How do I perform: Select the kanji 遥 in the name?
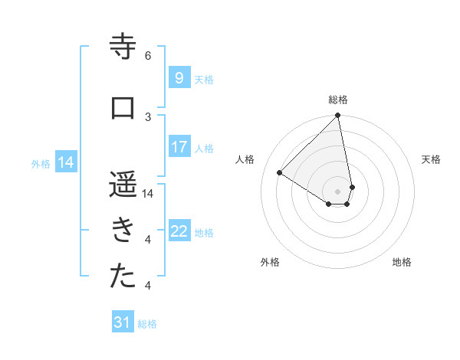pyautogui.click(x=123, y=185)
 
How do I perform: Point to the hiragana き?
pyautogui.click(x=123, y=231)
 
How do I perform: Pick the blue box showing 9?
pyautogui.click(x=179, y=78)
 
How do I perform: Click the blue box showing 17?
pyautogui.click(x=179, y=147)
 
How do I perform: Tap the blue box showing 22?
pyautogui.click(x=179, y=231)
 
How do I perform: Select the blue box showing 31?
pyautogui.click(x=123, y=322)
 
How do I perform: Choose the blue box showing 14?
pyautogui.click(x=66, y=162)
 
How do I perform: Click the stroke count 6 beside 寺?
pyautogui.click(x=148, y=55)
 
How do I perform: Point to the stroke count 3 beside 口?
pyautogui.click(x=148, y=116)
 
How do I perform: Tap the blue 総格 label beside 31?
pyautogui.click(x=147, y=324)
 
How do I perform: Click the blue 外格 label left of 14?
pyautogui.click(x=41, y=163)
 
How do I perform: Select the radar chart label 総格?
pyautogui.click(x=338, y=100)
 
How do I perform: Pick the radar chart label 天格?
pyautogui.click(x=431, y=159)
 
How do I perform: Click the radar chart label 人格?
pyautogui.click(x=245, y=159)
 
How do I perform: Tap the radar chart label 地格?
pyautogui.click(x=402, y=262)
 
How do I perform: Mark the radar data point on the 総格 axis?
pyautogui.click(x=338, y=116)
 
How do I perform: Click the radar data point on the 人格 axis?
pyautogui.click(x=280, y=172)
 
